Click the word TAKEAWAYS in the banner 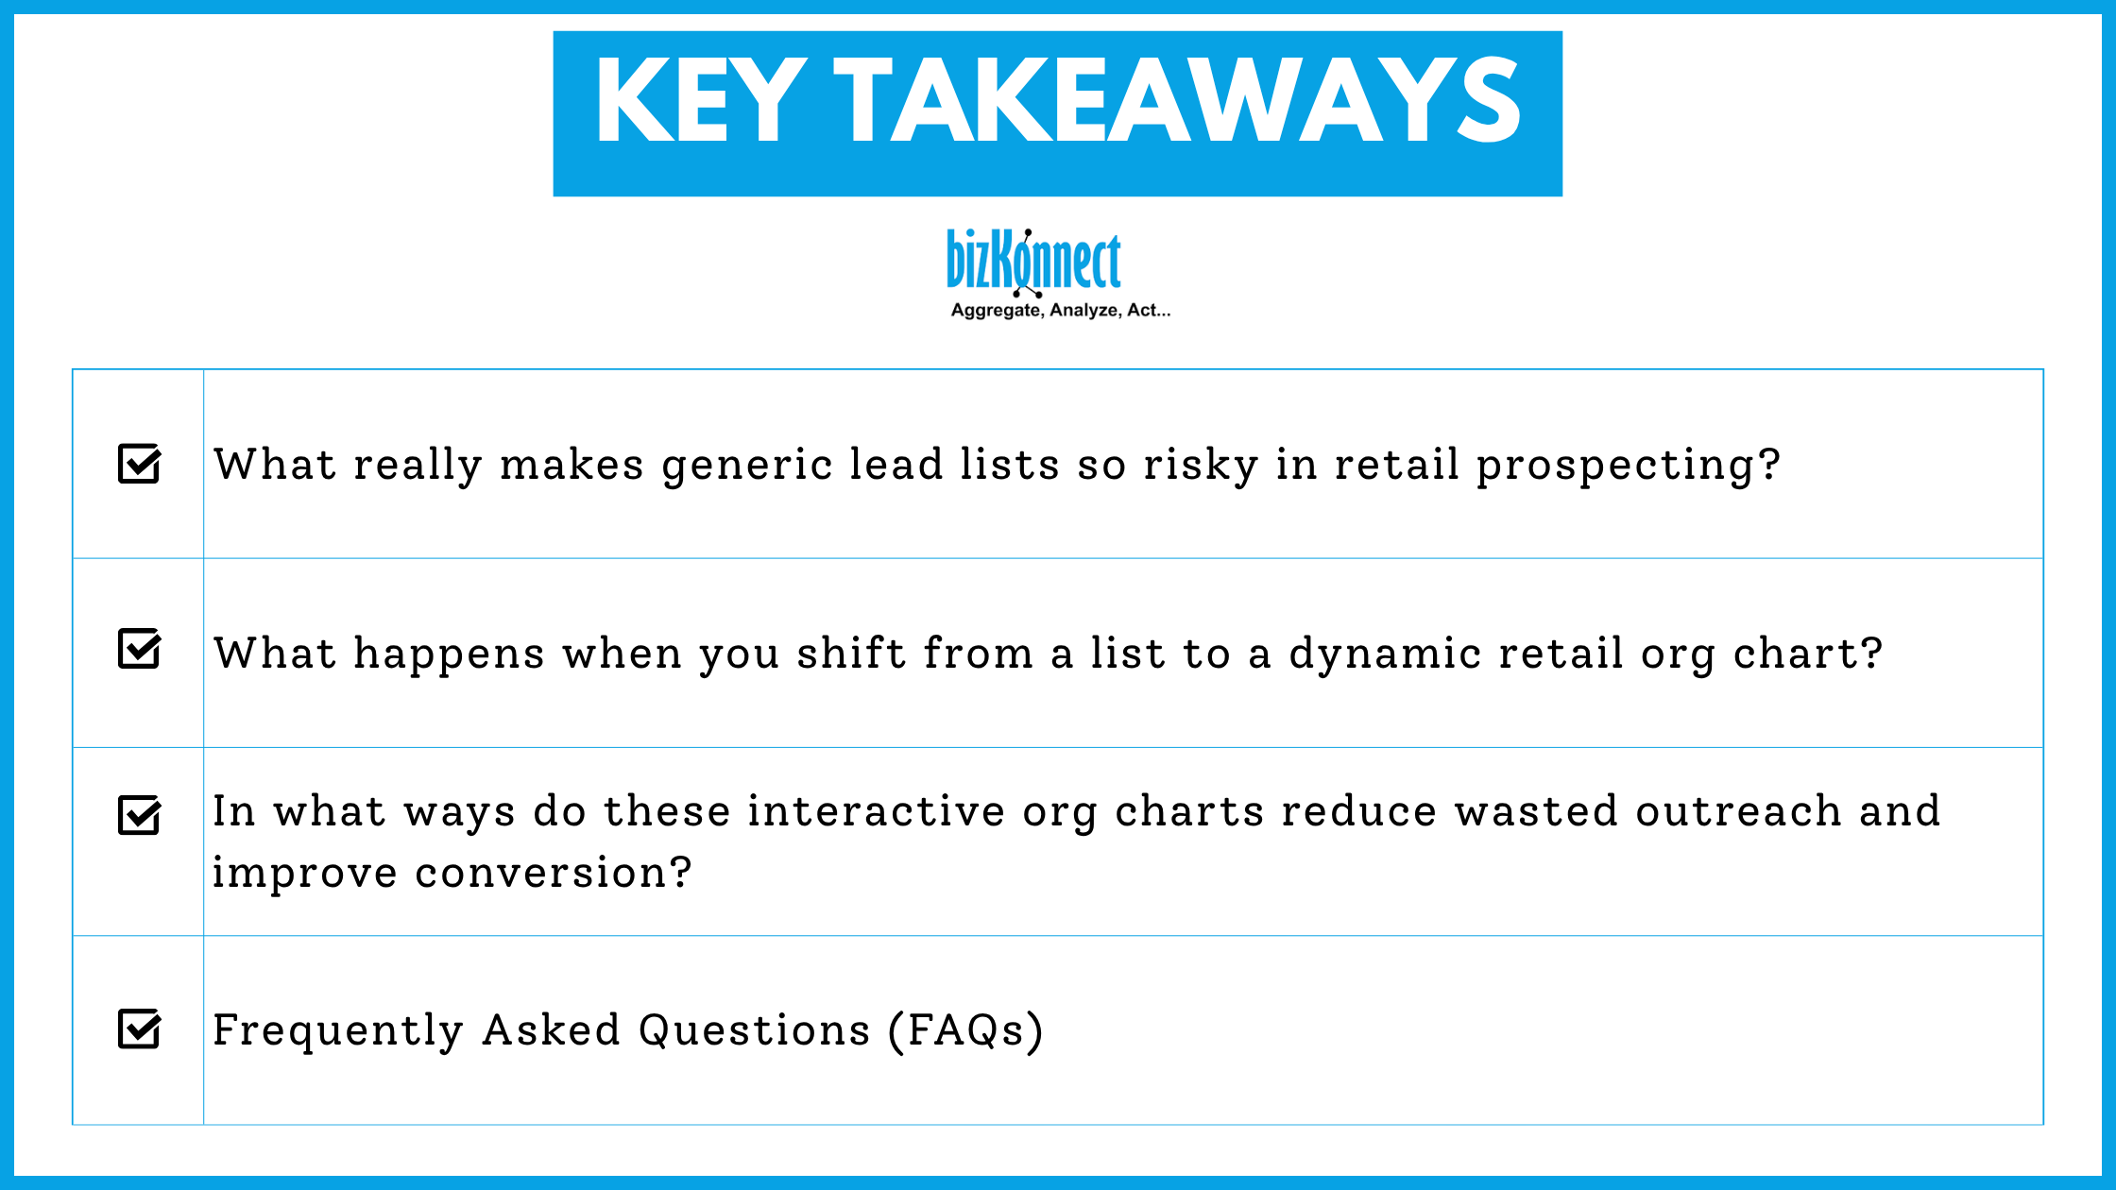coord(1176,100)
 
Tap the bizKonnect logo coord(1033,261)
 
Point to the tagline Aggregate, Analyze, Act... coord(1060,311)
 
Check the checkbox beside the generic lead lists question coord(139,464)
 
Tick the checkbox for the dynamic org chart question coord(139,649)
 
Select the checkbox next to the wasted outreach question coord(139,815)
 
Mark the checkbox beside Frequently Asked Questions coord(139,1028)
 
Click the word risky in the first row coord(1201,465)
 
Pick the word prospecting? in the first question coord(1628,465)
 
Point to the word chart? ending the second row coord(1807,654)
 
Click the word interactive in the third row coord(876,811)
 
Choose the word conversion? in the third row coord(553,873)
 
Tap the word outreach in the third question coord(1738,811)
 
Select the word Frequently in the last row coord(337,1029)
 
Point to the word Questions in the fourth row coord(754,1029)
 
